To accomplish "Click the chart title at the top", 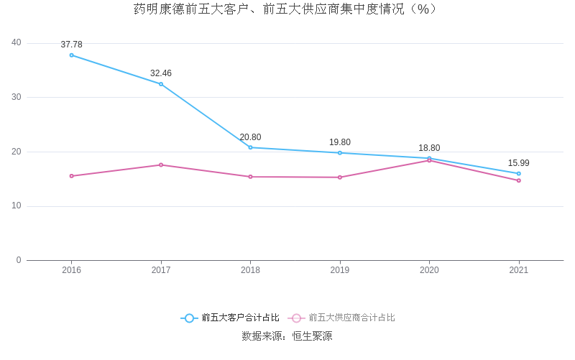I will tap(287, 9).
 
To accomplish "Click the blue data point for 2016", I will tap(71, 55).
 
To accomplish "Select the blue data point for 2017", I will tap(161, 84).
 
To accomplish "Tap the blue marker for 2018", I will tap(250, 147).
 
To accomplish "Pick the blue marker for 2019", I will tap(340, 153).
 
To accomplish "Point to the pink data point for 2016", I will tap(71, 176).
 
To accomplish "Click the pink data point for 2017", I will tap(161, 165).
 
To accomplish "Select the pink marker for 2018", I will tap(250, 177).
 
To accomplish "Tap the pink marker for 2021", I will tap(518, 180).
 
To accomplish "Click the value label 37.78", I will tap(71, 45).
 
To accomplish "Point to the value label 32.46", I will tap(161, 73).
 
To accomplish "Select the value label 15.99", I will tap(518, 163).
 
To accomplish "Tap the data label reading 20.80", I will tap(250, 137).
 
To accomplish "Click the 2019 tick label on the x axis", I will tap(340, 270).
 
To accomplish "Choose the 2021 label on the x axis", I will tap(518, 270).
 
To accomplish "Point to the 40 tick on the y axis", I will tap(17, 43).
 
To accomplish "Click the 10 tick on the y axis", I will tap(17, 206).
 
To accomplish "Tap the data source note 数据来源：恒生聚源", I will tap(287, 336).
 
